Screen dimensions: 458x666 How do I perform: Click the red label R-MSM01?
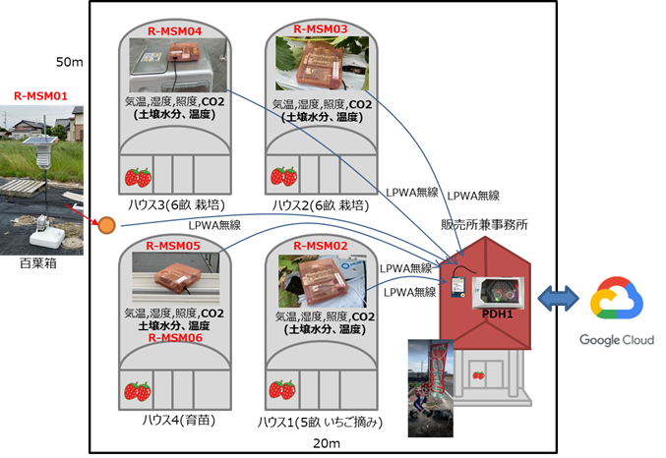(39, 97)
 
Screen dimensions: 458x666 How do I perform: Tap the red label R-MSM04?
(174, 31)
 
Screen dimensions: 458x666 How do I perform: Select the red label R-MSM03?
(321, 30)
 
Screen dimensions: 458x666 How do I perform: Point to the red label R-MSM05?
(173, 245)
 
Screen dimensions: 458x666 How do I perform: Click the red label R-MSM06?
(173, 337)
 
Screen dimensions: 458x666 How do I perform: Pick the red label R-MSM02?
(320, 245)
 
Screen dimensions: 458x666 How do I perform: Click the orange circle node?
(105, 227)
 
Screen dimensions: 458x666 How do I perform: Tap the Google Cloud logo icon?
(616, 301)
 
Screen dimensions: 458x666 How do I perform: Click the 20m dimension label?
(325, 444)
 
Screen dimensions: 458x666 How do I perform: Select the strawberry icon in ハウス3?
(138, 177)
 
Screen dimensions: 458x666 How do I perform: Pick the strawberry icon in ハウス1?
(284, 390)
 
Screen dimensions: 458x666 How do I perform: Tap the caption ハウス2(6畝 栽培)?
(320, 206)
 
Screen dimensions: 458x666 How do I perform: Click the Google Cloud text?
(616, 340)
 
